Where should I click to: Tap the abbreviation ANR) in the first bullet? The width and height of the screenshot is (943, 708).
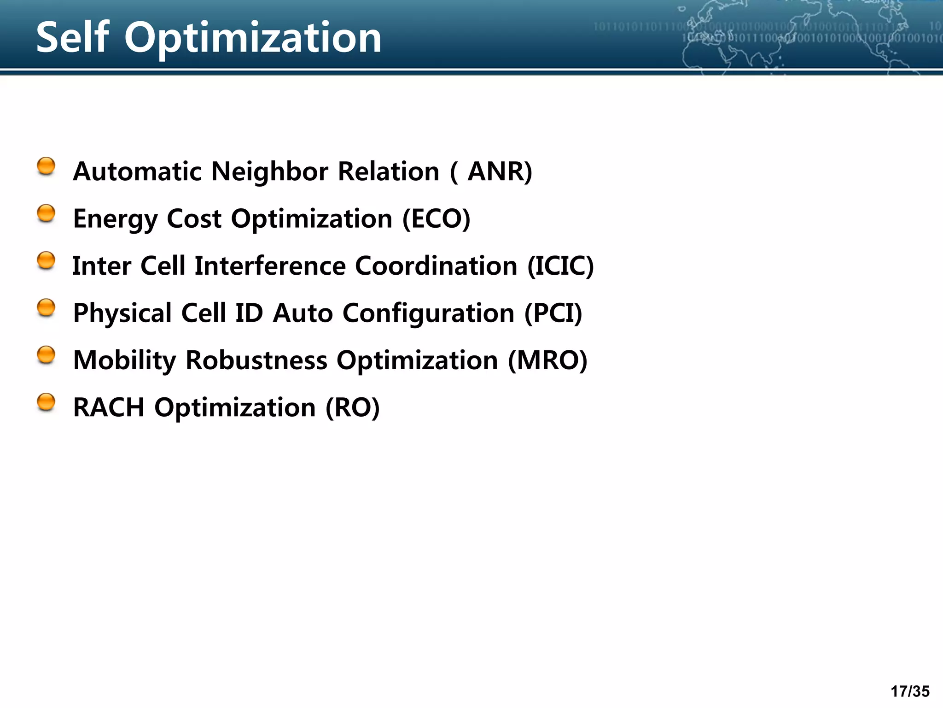(500, 171)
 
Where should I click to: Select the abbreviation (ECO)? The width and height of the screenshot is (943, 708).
(436, 218)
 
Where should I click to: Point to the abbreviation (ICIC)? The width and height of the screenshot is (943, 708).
(560, 266)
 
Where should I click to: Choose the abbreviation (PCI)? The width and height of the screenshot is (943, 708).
(553, 313)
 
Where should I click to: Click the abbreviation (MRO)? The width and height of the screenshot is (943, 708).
(547, 360)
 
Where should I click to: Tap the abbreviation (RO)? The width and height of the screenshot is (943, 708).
(352, 407)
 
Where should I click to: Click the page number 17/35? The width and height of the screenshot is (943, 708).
(910, 691)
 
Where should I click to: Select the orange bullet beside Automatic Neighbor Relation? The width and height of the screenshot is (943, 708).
(46, 166)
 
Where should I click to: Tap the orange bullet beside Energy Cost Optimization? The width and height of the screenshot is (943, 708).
(46, 213)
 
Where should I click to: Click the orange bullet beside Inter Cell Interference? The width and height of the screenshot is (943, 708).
(46, 260)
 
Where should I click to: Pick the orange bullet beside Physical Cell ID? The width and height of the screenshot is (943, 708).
(46, 308)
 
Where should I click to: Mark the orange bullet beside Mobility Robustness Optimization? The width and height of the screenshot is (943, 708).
(46, 355)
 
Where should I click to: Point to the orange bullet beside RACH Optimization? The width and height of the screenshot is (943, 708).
(46, 402)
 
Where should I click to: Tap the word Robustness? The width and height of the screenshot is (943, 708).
(256, 360)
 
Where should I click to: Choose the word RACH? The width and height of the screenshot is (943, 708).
(109, 407)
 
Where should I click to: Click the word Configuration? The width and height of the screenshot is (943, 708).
(428, 314)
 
